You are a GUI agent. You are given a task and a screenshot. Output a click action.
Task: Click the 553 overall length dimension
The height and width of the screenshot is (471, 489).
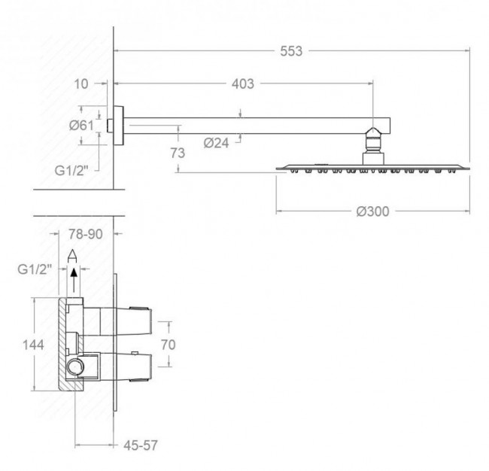[x=291, y=51]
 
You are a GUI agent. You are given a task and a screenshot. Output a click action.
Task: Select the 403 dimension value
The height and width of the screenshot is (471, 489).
[x=243, y=84]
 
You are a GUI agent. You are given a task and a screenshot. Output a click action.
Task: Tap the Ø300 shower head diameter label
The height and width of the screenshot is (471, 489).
[x=372, y=211]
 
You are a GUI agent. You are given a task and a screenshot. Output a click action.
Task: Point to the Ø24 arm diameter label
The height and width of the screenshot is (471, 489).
[x=216, y=143]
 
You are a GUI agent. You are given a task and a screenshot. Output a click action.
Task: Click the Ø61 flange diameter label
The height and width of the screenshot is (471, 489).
[x=81, y=126]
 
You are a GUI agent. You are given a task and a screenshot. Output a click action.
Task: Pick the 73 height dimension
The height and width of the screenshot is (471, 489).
[x=178, y=153]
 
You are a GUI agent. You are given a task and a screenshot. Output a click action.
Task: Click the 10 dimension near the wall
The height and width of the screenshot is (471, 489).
[x=81, y=84]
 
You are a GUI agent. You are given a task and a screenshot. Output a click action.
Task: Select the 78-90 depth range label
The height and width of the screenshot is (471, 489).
[x=86, y=234]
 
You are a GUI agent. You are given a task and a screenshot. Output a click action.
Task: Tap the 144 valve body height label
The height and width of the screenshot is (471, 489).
[x=33, y=345]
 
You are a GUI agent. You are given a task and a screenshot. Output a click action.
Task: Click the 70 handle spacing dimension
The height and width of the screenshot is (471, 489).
[x=168, y=345]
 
